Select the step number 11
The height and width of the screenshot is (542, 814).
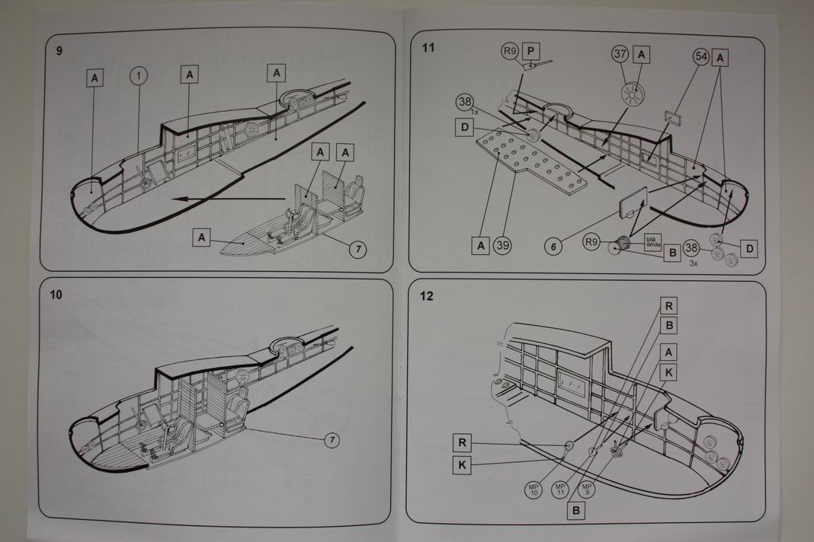(x=428, y=48)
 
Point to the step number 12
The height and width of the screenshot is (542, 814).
(x=427, y=295)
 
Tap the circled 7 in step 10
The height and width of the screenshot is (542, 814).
(x=332, y=440)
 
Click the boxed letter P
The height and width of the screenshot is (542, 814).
(x=532, y=51)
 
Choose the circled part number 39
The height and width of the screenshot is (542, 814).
(x=503, y=245)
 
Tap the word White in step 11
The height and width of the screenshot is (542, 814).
(x=654, y=245)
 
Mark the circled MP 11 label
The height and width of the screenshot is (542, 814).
(x=560, y=487)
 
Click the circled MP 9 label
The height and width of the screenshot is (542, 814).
(x=586, y=487)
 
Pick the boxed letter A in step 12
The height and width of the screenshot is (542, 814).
(x=668, y=351)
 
